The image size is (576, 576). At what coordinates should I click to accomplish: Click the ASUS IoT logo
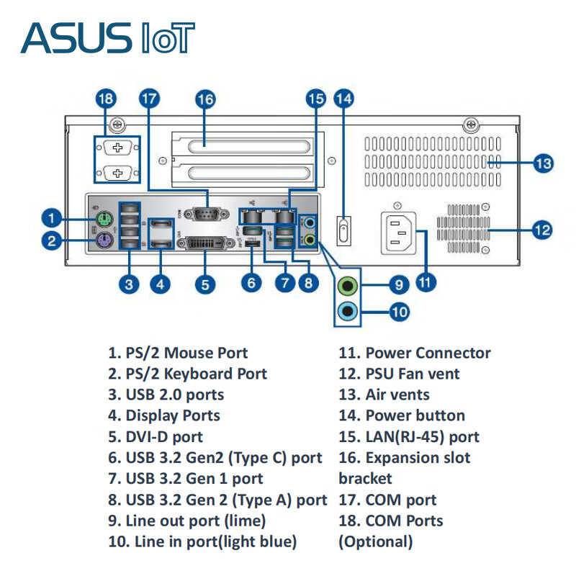point(108,37)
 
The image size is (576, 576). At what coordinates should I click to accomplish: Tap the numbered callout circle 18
point(106,99)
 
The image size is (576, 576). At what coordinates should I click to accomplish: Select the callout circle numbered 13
point(544,163)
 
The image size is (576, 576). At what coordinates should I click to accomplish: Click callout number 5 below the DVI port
point(205,284)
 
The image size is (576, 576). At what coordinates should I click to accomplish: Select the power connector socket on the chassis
point(397,232)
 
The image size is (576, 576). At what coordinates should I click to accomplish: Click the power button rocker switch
point(344,232)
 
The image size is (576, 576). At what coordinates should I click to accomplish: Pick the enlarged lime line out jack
point(348,285)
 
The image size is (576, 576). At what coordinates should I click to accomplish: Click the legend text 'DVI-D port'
point(164,436)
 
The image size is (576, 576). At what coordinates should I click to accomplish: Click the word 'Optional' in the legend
point(376,541)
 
